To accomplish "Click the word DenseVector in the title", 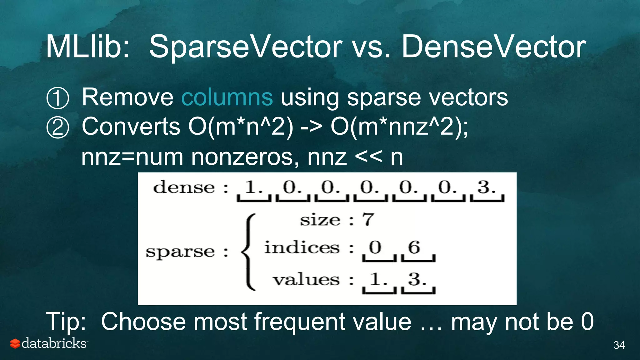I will click(493, 47).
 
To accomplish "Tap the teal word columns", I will click(227, 97).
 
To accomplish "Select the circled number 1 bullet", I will click(57, 98).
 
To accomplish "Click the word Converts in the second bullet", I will click(131, 127).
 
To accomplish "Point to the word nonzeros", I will click(242, 157).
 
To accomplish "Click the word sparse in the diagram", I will click(180, 252).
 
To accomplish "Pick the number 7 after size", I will click(368, 219).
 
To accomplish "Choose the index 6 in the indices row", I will click(414, 247).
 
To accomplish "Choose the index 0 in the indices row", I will click(375, 247).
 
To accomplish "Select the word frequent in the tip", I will click(300, 322).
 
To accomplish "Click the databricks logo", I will click(49, 343).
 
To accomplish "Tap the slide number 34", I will click(619, 345).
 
